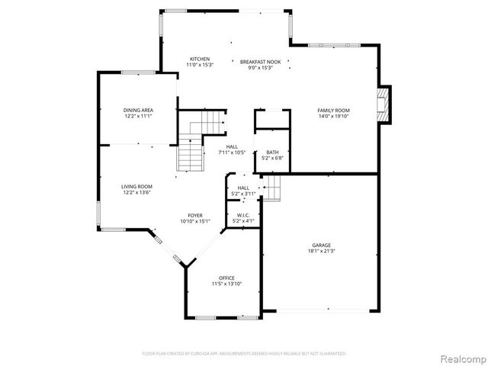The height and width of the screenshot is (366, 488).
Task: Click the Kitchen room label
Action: tap(200, 59)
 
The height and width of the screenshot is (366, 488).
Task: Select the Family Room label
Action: tap(332, 111)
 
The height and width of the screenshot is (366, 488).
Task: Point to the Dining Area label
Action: tap(138, 111)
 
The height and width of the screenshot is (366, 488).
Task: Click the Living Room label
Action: tap(137, 186)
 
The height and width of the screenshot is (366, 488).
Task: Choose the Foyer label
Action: tap(195, 216)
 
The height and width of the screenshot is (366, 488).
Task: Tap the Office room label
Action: tap(226, 278)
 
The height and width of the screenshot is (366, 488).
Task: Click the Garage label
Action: tap(321, 245)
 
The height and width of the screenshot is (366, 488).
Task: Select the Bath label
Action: tap(272, 152)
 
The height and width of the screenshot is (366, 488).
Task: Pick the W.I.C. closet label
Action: tap(244, 216)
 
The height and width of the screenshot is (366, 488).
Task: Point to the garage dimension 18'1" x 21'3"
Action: tap(321, 251)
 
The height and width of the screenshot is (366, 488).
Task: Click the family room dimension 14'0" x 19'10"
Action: tap(332, 117)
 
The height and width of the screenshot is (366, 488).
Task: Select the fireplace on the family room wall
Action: tap(386, 105)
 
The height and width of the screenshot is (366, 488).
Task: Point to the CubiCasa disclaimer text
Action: tap(244, 354)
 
